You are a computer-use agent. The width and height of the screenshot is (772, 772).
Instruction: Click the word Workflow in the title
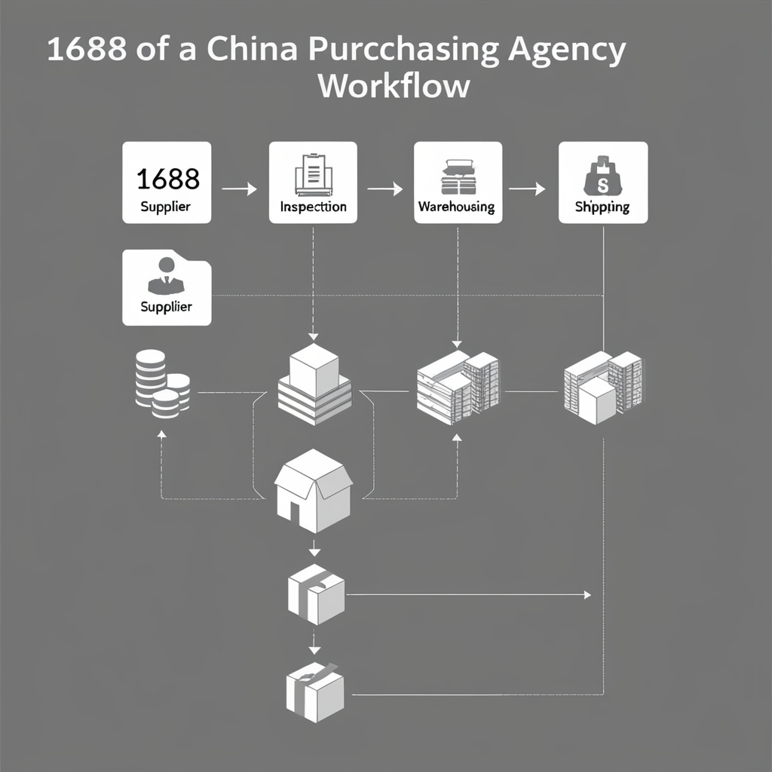coord(394,85)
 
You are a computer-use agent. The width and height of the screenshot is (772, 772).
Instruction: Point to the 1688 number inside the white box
coord(167,179)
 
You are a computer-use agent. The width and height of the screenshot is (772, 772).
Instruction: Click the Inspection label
coord(313,207)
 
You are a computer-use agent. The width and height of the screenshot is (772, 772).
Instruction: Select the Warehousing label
coord(456,207)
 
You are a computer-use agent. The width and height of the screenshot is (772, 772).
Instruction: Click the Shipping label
coord(602,207)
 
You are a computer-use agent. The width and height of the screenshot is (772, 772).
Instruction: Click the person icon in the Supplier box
coord(166,274)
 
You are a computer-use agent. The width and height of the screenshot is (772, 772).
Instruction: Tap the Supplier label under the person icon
coord(166,307)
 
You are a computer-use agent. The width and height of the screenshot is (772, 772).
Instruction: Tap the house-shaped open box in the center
coord(313,490)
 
